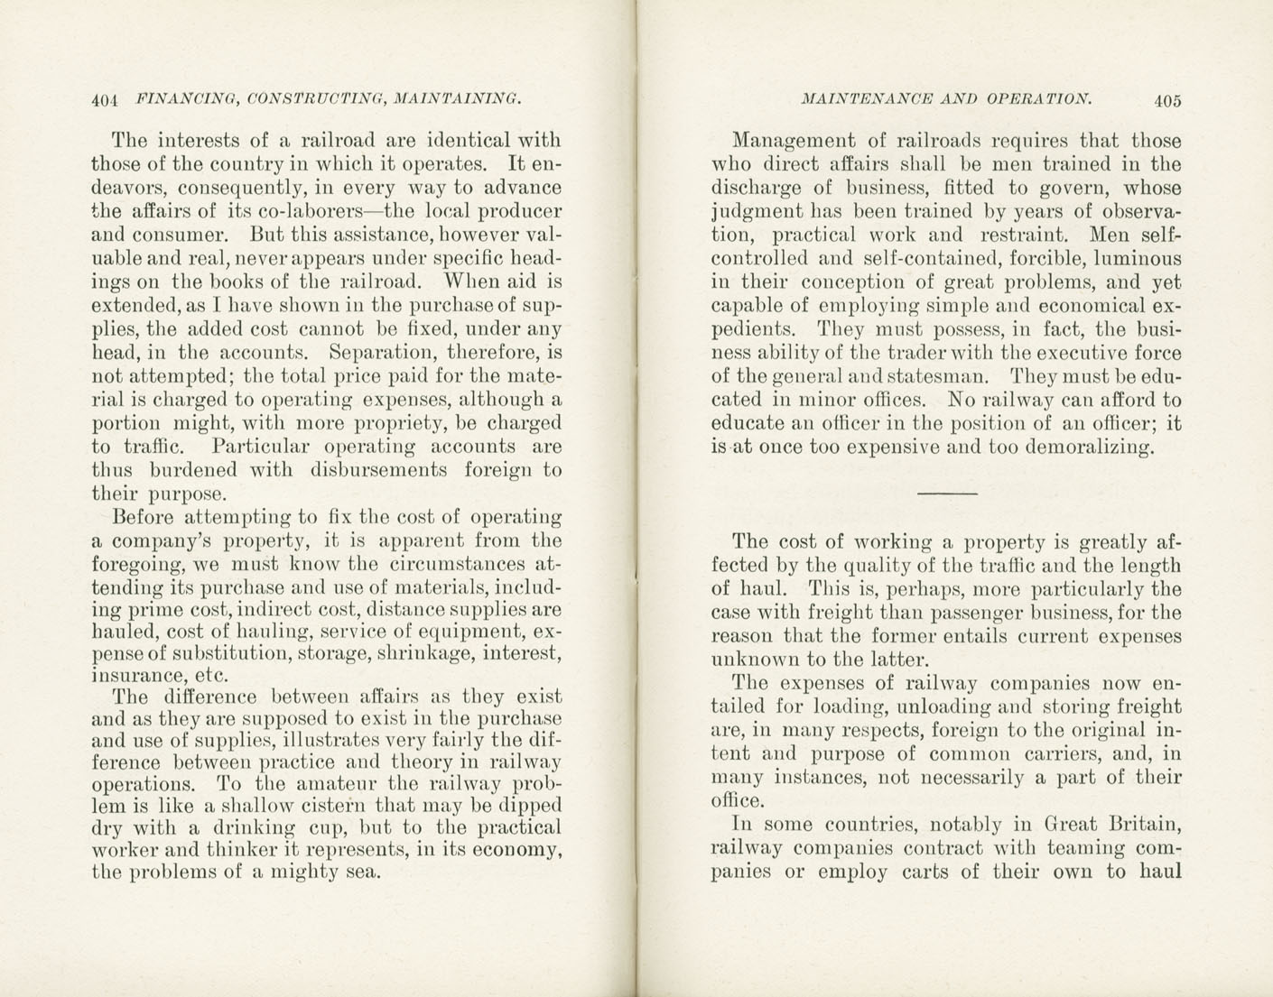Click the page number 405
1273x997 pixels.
point(1166,101)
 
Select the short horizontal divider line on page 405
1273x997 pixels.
point(947,494)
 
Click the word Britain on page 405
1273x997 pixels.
point(1144,824)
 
